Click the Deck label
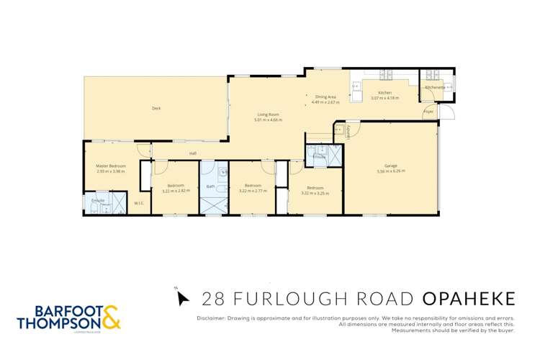[x=156, y=108]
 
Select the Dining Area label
[x=325, y=96]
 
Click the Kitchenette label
[x=435, y=87]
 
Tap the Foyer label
[x=428, y=112]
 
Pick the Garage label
[x=391, y=166]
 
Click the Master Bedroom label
[x=111, y=166]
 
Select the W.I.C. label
[x=139, y=203]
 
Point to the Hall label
[x=193, y=153]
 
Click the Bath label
[x=211, y=186]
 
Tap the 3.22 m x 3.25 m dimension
[x=315, y=193]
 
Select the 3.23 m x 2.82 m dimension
[x=176, y=190]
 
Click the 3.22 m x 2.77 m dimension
[x=251, y=190]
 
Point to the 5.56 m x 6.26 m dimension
[x=391, y=171]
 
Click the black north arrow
[x=182, y=297]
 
